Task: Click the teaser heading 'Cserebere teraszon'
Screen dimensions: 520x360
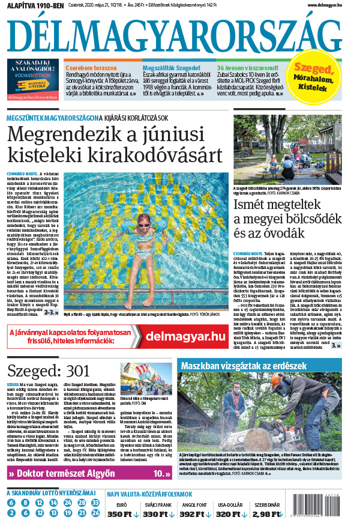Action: [x=91, y=68]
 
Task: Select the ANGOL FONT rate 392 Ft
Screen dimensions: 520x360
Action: [x=193, y=514]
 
